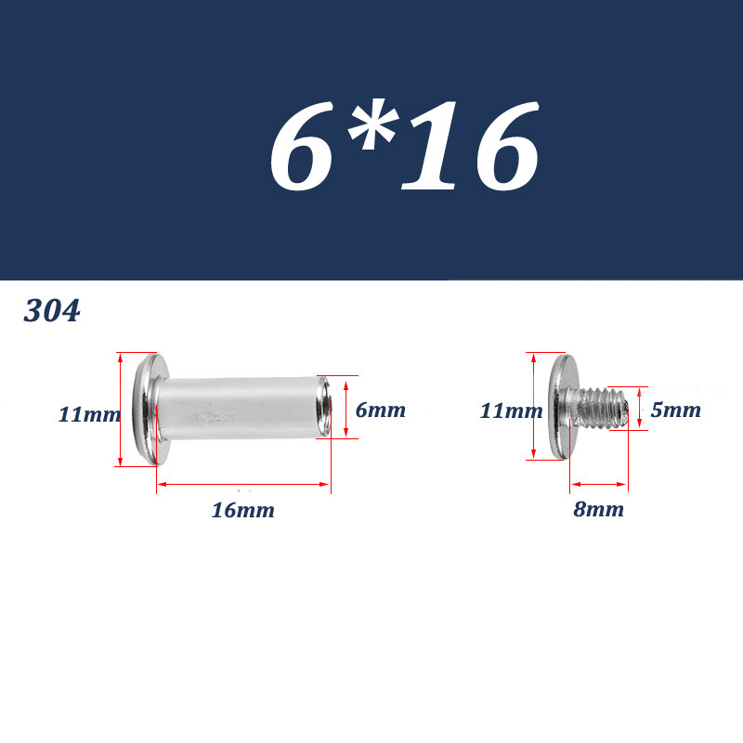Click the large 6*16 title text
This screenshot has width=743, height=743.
click(x=404, y=146)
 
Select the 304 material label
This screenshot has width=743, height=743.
click(x=52, y=311)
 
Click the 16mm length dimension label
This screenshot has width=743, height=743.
click(x=242, y=510)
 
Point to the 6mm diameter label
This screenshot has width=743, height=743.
click(x=381, y=410)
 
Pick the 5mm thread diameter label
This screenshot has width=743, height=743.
click(x=676, y=410)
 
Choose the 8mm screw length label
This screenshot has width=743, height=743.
click(x=598, y=509)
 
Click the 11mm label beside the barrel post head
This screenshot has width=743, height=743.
click(x=89, y=414)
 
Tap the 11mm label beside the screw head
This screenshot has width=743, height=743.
click(x=512, y=411)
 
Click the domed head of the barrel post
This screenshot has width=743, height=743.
click(x=148, y=410)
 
